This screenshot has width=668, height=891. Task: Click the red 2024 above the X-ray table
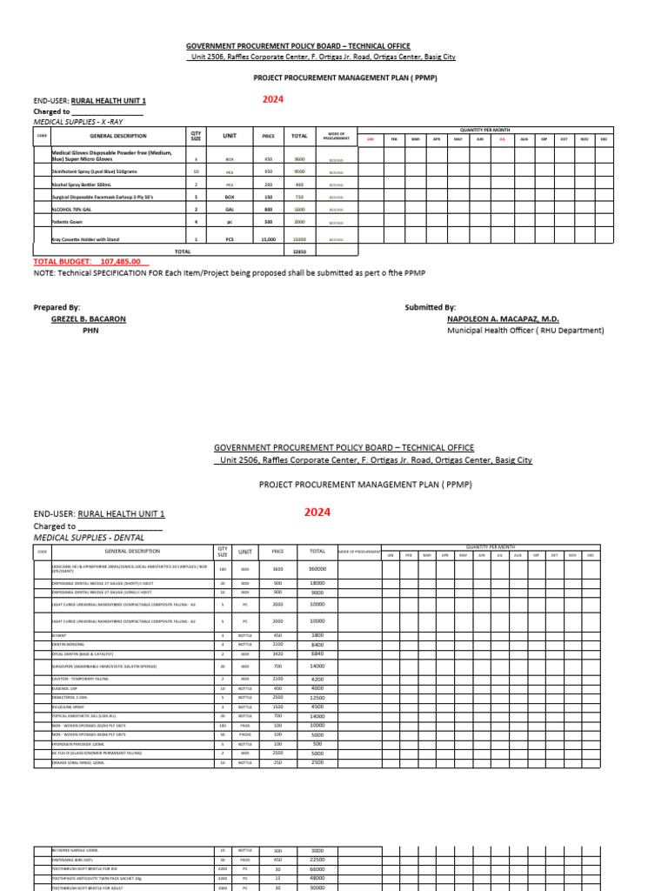pos(273,99)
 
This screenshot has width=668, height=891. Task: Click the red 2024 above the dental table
pos(317,512)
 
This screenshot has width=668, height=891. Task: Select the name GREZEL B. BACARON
pos(89,319)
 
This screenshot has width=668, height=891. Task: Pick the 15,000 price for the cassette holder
pos(268,238)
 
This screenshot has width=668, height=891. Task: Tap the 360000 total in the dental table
pos(317,569)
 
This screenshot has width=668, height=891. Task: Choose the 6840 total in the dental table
pos(317,653)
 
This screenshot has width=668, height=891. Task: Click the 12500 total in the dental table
pos(317,698)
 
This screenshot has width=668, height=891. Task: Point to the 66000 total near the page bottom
pos(317,868)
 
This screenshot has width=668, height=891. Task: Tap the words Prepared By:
pos(57,307)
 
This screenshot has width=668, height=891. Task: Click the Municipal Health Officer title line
pos(525,331)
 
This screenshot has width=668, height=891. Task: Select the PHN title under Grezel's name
pos(90,331)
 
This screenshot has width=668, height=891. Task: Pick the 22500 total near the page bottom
pos(317,860)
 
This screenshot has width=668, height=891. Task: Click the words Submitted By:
pos(430,307)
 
